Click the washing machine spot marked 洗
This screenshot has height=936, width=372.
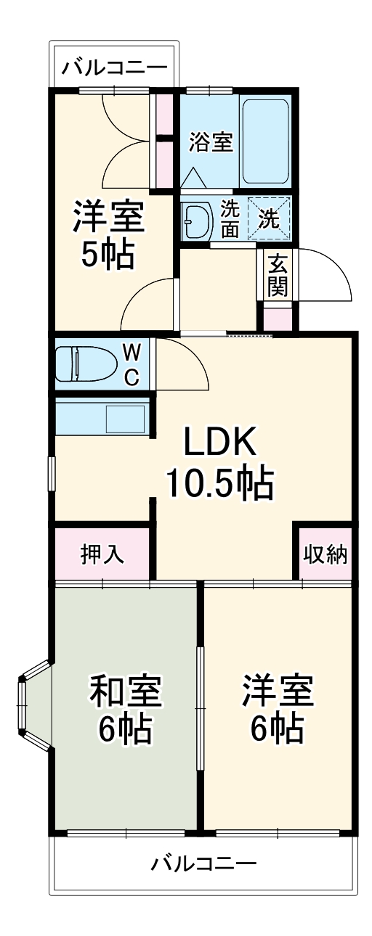coord(270,218)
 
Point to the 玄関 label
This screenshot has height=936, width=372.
coord(277,275)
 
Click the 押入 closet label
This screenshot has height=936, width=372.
coord(102,554)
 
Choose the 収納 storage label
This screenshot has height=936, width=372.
coord(325,554)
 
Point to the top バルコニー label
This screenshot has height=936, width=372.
coord(114,69)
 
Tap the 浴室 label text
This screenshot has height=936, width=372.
coord(211,142)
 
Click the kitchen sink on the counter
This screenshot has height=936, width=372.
coord(126,419)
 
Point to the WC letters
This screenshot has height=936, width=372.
coord(132,364)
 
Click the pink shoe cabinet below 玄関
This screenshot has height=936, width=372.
coord(277,318)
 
